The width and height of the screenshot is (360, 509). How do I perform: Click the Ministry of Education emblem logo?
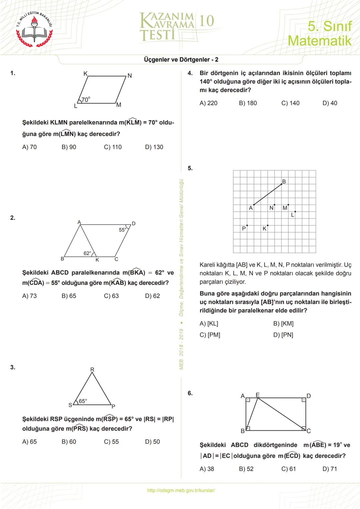(x=35, y=30)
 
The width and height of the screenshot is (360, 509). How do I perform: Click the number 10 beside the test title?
(x=207, y=21)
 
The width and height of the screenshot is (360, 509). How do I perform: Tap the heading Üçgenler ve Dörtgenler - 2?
(x=181, y=60)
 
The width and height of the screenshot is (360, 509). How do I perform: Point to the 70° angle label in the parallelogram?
(x=86, y=99)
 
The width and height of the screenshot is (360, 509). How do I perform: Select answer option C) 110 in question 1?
(x=113, y=147)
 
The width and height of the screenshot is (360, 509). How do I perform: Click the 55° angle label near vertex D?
(x=122, y=230)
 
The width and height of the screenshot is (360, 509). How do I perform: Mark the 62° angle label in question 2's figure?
(x=87, y=253)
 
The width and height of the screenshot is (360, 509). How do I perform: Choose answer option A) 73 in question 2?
(x=29, y=296)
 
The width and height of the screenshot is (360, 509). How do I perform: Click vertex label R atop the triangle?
(x=92, y=369)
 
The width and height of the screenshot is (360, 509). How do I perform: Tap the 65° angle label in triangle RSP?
(x=83, y=401)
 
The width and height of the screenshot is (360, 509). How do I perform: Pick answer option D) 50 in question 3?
(x=152, y=442)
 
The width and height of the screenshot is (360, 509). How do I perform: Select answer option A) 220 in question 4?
(x=208, y=103)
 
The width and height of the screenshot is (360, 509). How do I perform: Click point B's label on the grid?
(x=284, y=182)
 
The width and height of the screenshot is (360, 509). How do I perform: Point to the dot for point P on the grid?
(x=247, y=225)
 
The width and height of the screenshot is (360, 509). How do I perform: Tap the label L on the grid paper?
(x=293, y=215)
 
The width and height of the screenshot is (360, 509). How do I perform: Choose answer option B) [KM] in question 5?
(x=283, y=323)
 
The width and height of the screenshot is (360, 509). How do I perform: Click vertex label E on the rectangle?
(x=258, y=395)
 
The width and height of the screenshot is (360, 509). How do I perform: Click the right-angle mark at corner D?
(x=304, y=400)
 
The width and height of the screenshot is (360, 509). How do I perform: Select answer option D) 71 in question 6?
(x=330, y=469)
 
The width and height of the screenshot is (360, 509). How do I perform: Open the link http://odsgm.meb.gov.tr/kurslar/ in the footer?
(x=181, y=490)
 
